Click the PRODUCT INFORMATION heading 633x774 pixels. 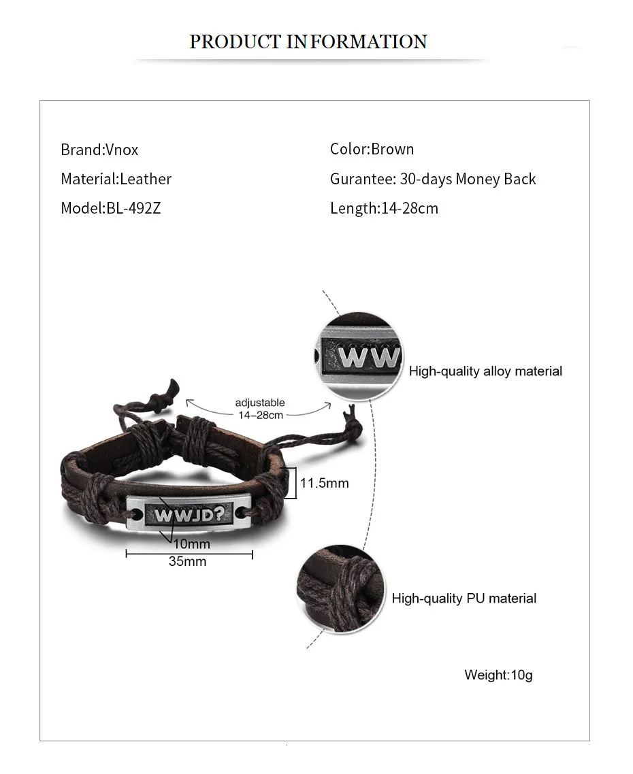[308, 41]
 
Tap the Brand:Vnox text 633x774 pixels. [99, 150]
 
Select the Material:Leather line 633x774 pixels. [116, 179]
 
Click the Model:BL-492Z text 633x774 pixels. [110, 208]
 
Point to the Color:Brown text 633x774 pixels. [372, 149]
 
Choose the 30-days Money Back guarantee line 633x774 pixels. [433, 179]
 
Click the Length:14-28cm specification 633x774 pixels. [384, 208]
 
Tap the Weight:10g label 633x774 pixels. [498, 675]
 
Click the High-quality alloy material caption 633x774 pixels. [485, 371]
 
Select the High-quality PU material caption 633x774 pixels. [464, 599]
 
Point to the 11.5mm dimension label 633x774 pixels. [324, 483]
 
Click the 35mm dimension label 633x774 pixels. [187, 562]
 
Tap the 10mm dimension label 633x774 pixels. [192, 544]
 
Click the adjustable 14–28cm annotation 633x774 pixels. [260, 409]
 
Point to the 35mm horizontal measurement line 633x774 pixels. [189, 554]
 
